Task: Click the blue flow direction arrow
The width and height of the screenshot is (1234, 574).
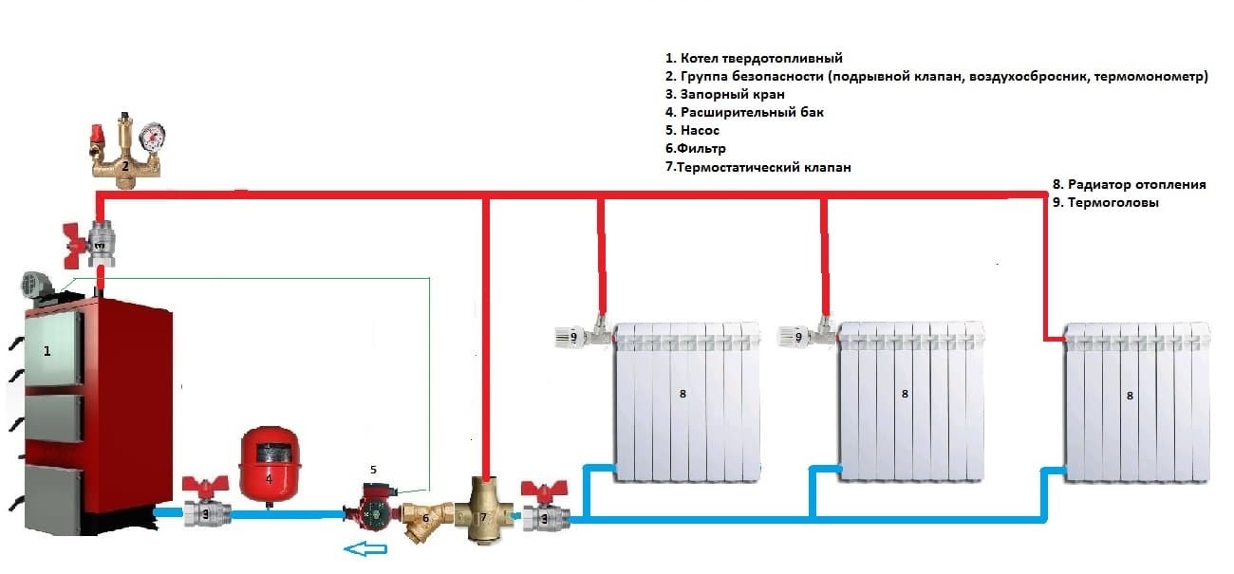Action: (x=365, y=549)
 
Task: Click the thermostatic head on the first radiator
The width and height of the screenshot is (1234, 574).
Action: (x=572, y=336)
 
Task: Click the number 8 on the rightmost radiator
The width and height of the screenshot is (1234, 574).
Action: (x=1129, y=396)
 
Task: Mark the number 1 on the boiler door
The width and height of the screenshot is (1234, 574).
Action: (x=47, y=350)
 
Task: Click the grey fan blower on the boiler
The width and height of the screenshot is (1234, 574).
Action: (x=36, y=283)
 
